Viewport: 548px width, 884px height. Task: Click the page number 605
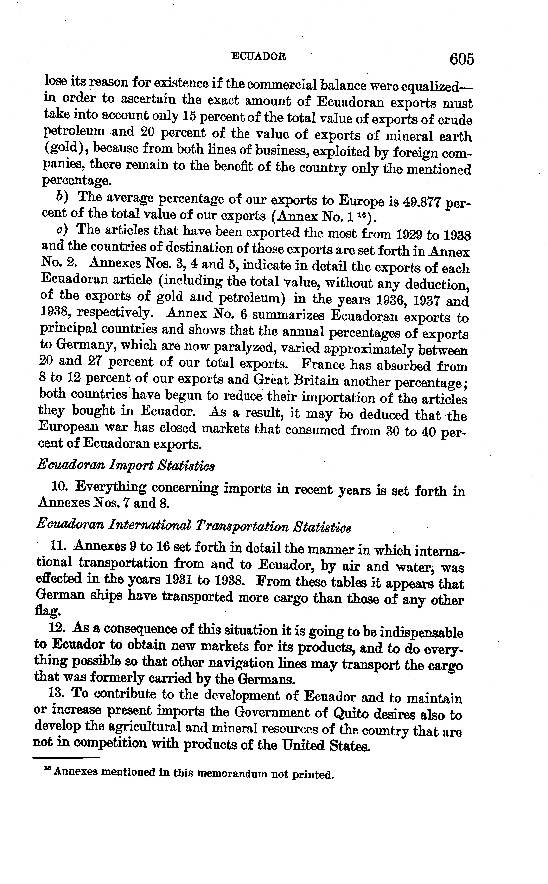pyautogui.click(x=461, y=59)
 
